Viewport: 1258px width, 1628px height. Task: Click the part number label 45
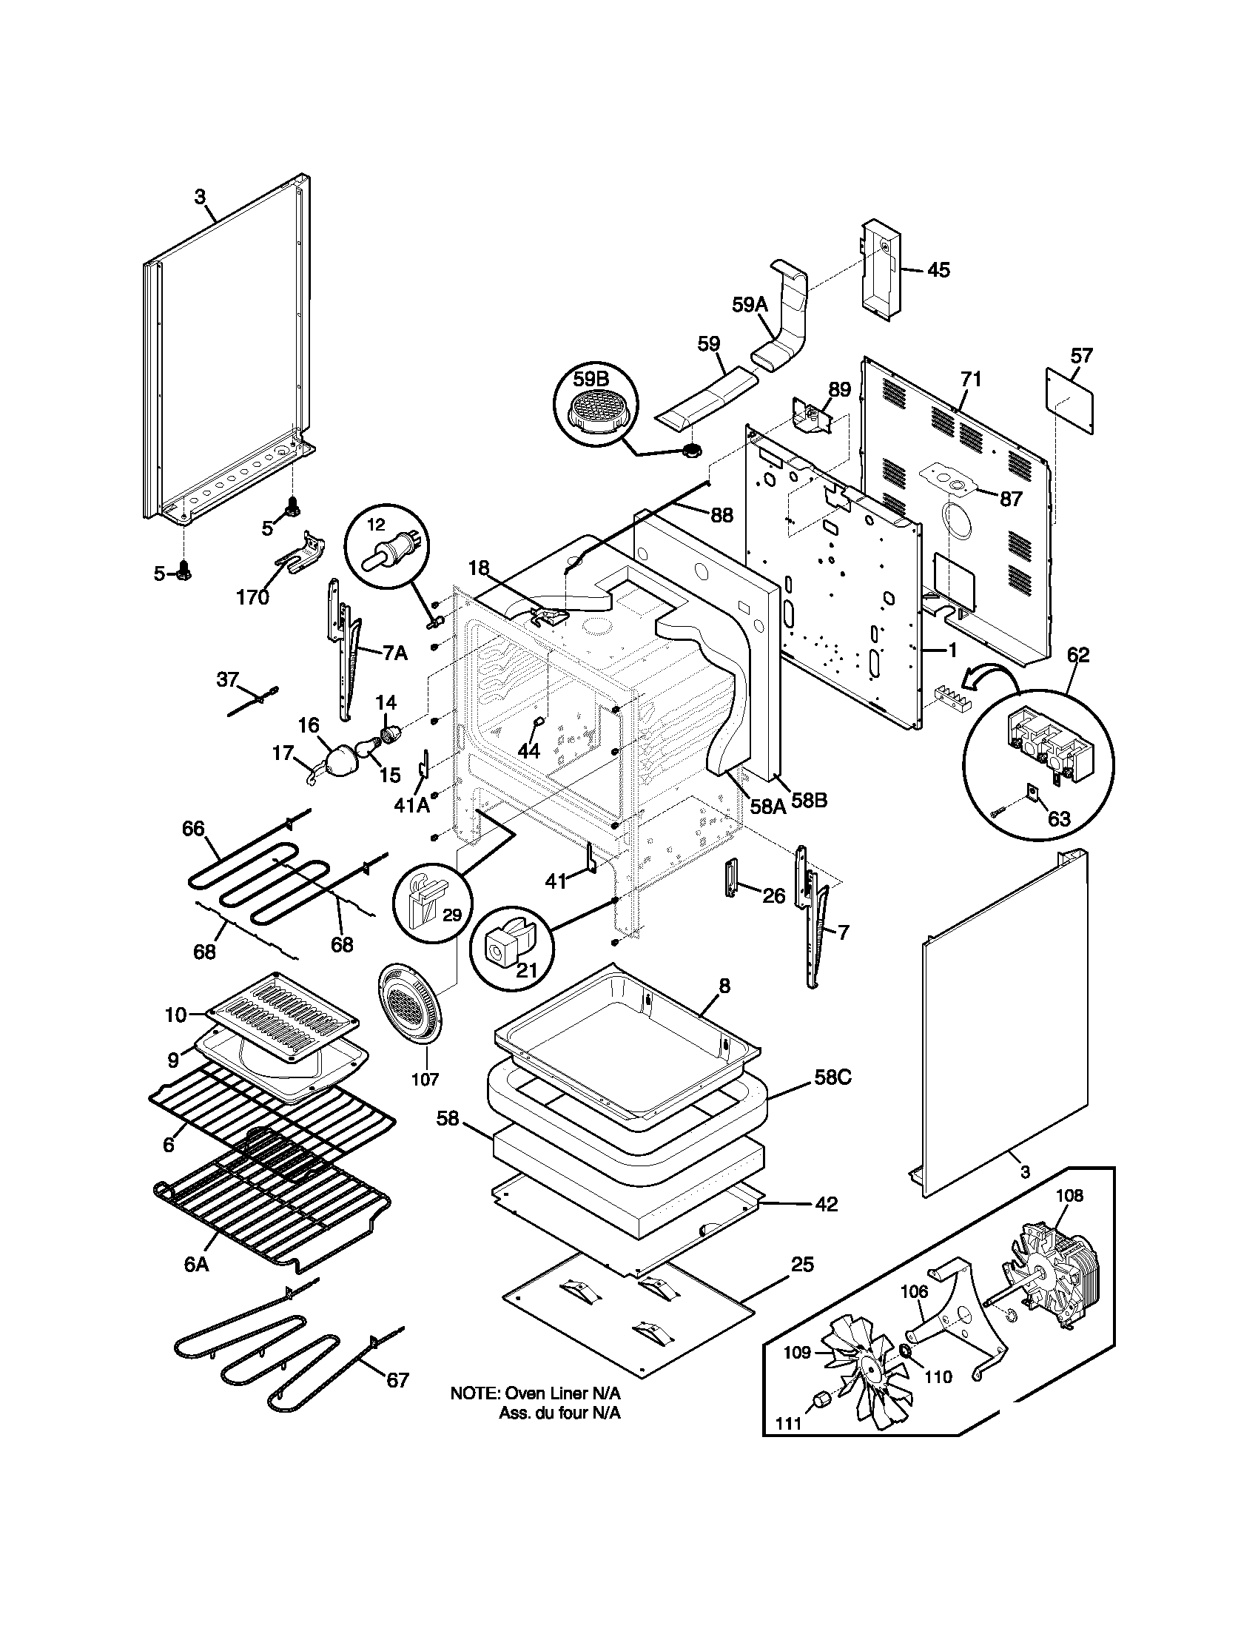(x=938, y=270)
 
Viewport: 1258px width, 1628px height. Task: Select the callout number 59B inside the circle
(x=591, y=380)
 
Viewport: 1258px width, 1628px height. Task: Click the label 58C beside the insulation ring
(x=832, y=1077)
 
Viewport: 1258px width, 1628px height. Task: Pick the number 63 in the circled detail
(x=1058, y=818)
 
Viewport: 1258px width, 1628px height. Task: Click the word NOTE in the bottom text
(x=474, y=1393)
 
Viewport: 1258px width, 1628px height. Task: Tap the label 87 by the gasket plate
(x=1011, y=499)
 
